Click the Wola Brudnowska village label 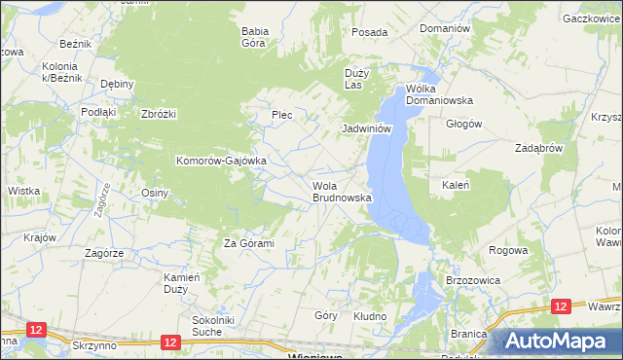(342, 191)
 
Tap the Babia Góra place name (254, 37)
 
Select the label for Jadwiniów (366, 128)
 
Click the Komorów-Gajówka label (220, 161)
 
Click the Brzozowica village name (472, 279)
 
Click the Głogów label (463, 124)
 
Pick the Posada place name (370, 32)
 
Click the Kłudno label (370, 317)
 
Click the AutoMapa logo (558, 341)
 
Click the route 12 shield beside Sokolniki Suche (170, 342)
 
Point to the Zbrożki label (158, 114)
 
